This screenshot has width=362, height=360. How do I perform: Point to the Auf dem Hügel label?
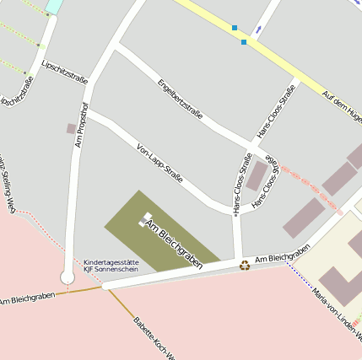point(342,106)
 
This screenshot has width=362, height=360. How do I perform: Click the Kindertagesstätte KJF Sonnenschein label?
point(111,266)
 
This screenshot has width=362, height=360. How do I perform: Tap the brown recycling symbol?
point(245,265)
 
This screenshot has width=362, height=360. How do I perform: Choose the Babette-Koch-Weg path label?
point(152,337)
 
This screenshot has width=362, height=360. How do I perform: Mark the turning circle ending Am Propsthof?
point(68,277)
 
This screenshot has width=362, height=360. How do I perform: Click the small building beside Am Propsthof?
point(71,128)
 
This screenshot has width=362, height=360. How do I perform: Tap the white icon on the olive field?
point(146,218)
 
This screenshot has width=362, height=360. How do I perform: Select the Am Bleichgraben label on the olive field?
point(175,244)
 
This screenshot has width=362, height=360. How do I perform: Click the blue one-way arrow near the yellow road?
point(257,30)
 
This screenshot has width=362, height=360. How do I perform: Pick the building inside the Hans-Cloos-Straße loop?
point(257,176)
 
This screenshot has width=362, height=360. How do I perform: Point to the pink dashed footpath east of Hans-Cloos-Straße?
point(308,183)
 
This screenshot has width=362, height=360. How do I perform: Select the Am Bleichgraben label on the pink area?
point(27,298)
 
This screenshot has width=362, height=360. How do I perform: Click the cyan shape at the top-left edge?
point(54,6)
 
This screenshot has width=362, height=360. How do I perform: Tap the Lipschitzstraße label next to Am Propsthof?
point(64,66)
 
